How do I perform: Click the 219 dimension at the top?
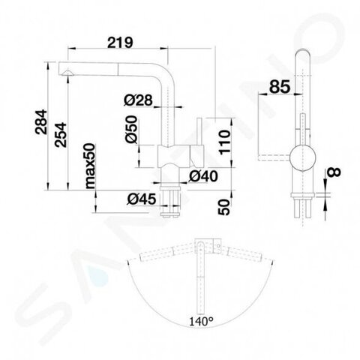[120, 43]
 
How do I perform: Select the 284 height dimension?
[41, 122]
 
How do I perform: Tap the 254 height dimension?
[61, 134]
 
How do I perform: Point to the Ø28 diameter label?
[138, 100]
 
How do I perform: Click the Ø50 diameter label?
[131, 130]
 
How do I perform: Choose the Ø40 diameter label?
[203, 176]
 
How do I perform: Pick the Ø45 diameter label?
[142, 199]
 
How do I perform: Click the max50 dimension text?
[90, 166]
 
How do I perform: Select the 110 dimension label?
[224, 142]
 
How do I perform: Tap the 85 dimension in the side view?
[280, 87]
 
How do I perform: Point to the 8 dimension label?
[334, 172]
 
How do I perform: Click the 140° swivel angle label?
[201, 322]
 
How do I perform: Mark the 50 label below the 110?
[224, 207]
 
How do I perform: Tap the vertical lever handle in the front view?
[200, 132]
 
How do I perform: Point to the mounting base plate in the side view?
[302, 196]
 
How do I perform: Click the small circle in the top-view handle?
[219, 246]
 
